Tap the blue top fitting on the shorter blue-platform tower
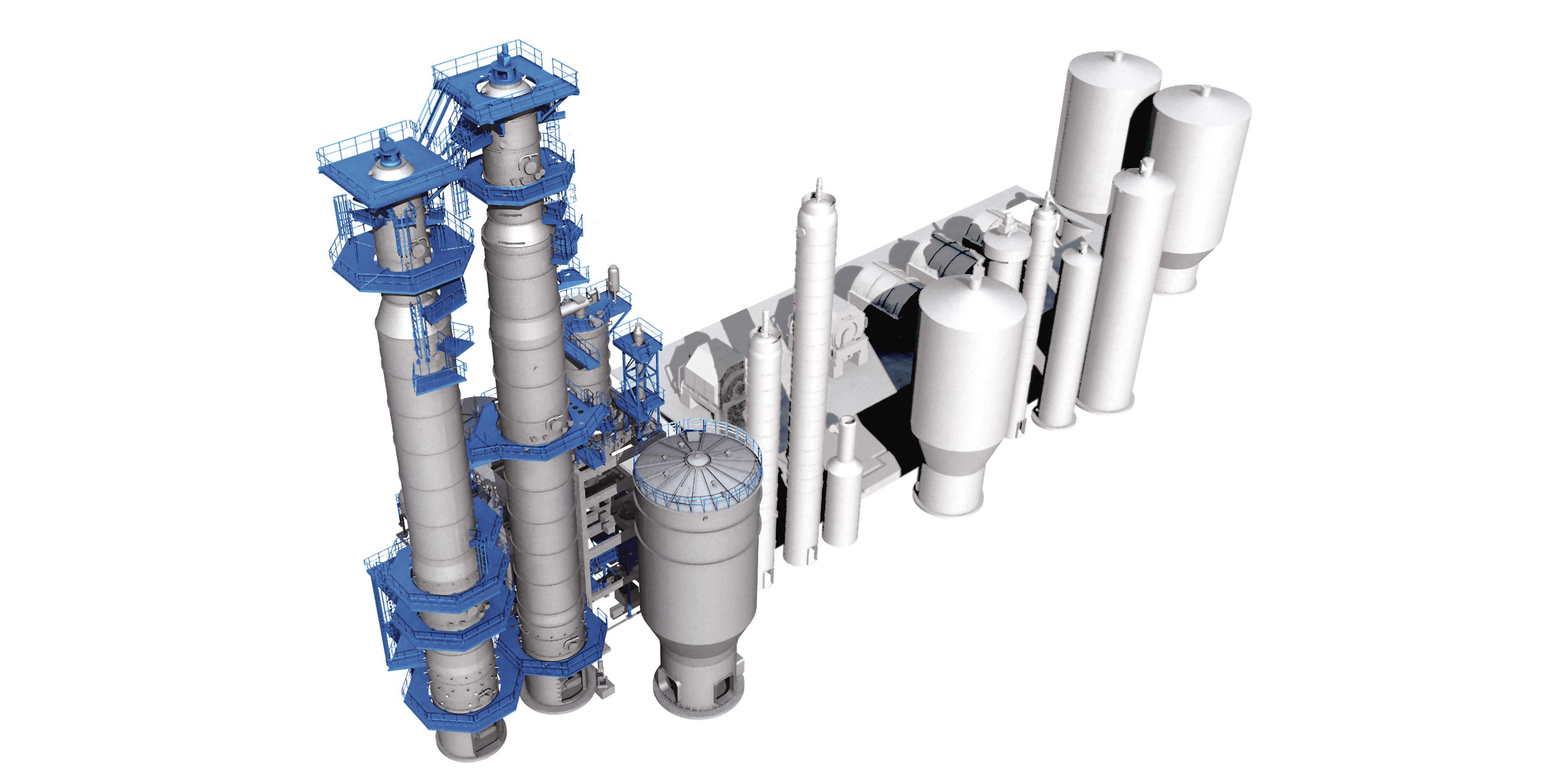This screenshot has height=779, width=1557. (387, 151)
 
